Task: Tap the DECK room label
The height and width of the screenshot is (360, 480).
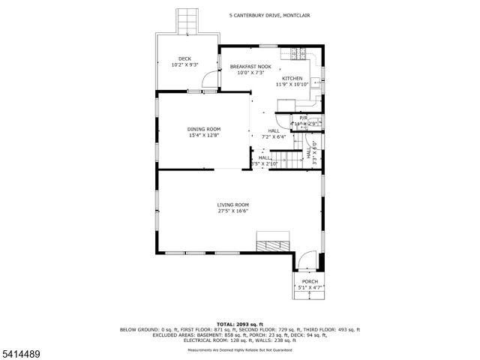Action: point(184,58)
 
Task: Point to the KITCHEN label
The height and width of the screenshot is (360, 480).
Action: point(292,78)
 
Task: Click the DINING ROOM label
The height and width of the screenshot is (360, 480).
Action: point(203,129)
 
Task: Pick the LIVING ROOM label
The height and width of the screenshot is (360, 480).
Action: point(232,205)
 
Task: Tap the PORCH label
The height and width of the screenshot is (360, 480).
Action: point(310,281)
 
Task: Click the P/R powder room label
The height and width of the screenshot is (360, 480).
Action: point(304,118)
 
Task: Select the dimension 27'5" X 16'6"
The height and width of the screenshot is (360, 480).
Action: point(232,211)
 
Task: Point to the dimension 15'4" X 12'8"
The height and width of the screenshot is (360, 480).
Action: point(203,136)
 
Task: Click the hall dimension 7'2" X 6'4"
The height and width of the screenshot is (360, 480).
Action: point(274,137)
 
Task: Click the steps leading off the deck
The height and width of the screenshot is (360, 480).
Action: point(188,21)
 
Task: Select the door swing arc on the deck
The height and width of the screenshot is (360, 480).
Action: point(214,82)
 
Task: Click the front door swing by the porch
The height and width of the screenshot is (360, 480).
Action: point(307,262)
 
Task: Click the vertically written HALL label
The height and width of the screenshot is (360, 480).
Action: point(308,153)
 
